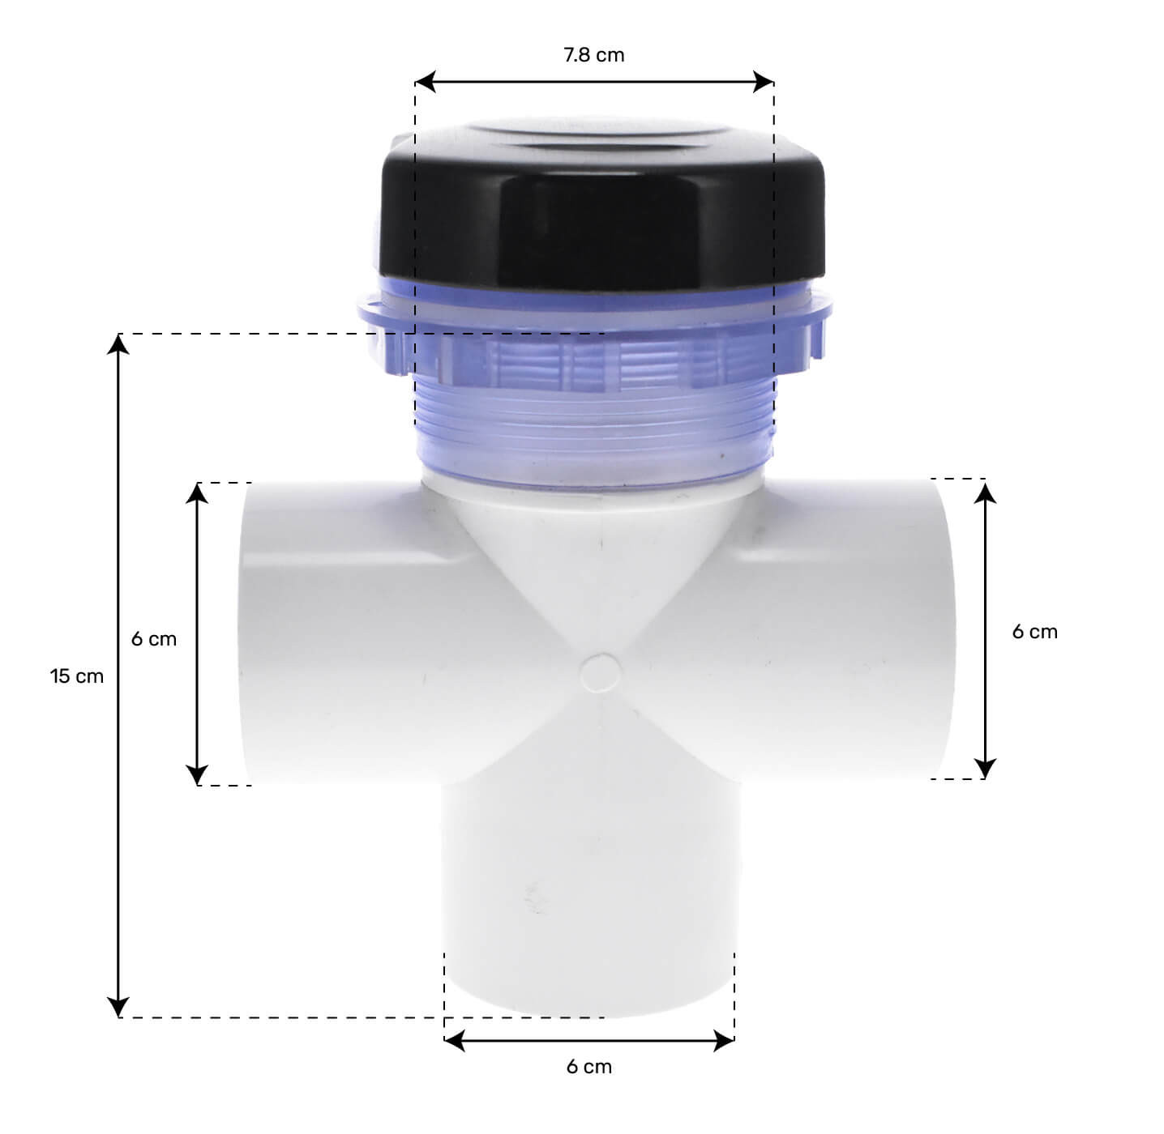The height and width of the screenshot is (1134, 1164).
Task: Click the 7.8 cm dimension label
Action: [593, 55]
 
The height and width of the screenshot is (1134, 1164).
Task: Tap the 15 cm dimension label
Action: [76, 676]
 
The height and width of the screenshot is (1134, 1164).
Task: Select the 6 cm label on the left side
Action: [154, 639]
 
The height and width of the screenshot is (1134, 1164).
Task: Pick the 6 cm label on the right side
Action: [1035, 631]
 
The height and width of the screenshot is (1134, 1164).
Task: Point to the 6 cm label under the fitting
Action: [589, 1067]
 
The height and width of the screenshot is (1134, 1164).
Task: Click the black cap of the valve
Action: [603, 207]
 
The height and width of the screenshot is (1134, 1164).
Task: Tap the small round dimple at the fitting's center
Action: [600, 673]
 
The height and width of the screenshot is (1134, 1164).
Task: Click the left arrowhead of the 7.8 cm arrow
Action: [425, 82]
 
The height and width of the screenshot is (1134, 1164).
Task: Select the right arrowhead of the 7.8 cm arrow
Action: [764, 82]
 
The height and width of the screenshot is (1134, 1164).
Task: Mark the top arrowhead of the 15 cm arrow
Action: [118, 344]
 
